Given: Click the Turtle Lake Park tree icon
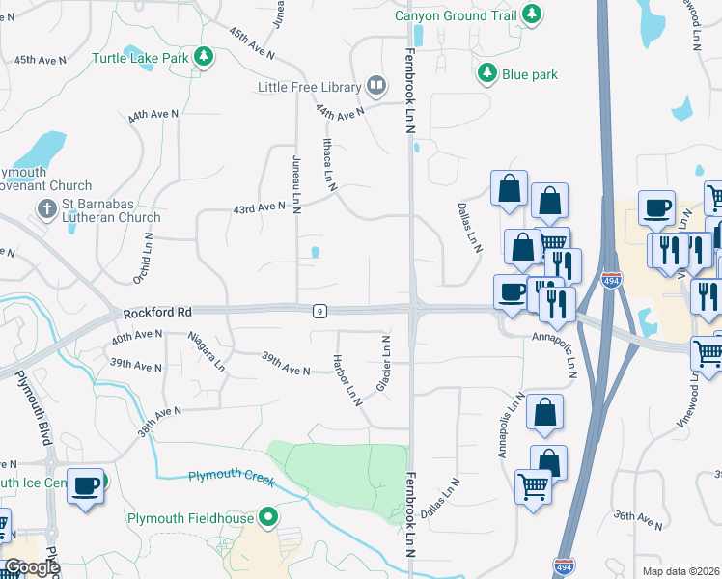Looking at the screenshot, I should tap(203, 58).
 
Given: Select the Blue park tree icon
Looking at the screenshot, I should tap(487, 73).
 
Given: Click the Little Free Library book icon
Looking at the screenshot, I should tap(375, 87).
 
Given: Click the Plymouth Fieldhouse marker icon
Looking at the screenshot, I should tap(270, 518).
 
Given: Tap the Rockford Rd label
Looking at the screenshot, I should tap(159, 313).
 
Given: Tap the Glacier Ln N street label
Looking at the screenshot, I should tap(384, 364).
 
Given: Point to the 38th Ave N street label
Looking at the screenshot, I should tap(159, 421).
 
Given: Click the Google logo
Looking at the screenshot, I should tap(31, 567).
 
